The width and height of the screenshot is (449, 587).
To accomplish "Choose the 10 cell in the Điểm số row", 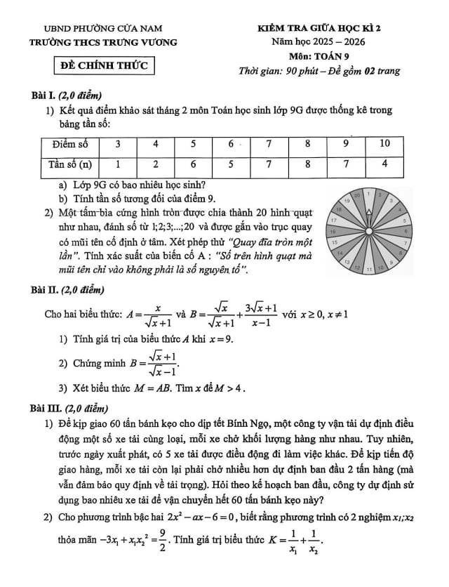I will (385, 145).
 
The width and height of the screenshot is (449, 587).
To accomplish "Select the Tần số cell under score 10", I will (385, 164).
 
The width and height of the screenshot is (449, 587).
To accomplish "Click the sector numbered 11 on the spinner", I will (370, 269).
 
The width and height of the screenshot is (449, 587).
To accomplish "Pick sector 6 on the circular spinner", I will (406, 231).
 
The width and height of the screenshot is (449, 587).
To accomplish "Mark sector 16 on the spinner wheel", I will (333, 231).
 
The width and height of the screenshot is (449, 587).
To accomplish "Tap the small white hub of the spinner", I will (370, 232).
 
